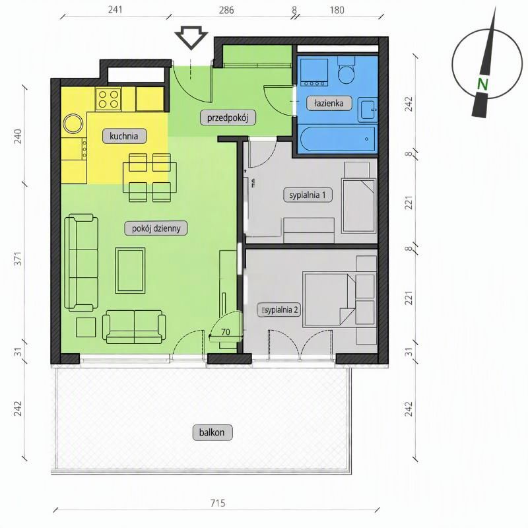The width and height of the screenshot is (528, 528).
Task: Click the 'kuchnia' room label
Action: (x=124, y=136)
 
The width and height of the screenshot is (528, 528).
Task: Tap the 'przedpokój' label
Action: (x=228, y=118)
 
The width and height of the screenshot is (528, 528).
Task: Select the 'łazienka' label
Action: (x=329, y=103)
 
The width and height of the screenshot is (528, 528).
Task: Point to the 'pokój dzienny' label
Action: (x=156, y=228)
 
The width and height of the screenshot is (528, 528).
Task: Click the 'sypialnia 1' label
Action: (x=308, y=195)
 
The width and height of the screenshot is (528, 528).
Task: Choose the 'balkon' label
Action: (x=212, y=432)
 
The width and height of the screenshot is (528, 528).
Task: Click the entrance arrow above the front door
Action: (x=191, y=38)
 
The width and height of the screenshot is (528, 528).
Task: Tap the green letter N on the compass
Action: (x=482, y=84)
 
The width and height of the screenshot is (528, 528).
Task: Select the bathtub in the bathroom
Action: (x=337, y=139)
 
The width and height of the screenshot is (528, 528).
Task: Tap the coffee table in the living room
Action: (x=130, y=271)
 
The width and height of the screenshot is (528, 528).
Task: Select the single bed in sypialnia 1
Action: (x=359, y=206)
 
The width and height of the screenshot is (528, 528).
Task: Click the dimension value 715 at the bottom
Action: (x=218, y=503)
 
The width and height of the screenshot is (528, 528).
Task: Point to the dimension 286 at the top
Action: (x=226, y=10)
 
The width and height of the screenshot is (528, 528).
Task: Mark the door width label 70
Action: (x=225, y=332)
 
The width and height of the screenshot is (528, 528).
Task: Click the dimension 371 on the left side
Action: (x=18, y=258)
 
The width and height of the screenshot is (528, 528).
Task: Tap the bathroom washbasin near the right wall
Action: (x=368, y=110)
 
